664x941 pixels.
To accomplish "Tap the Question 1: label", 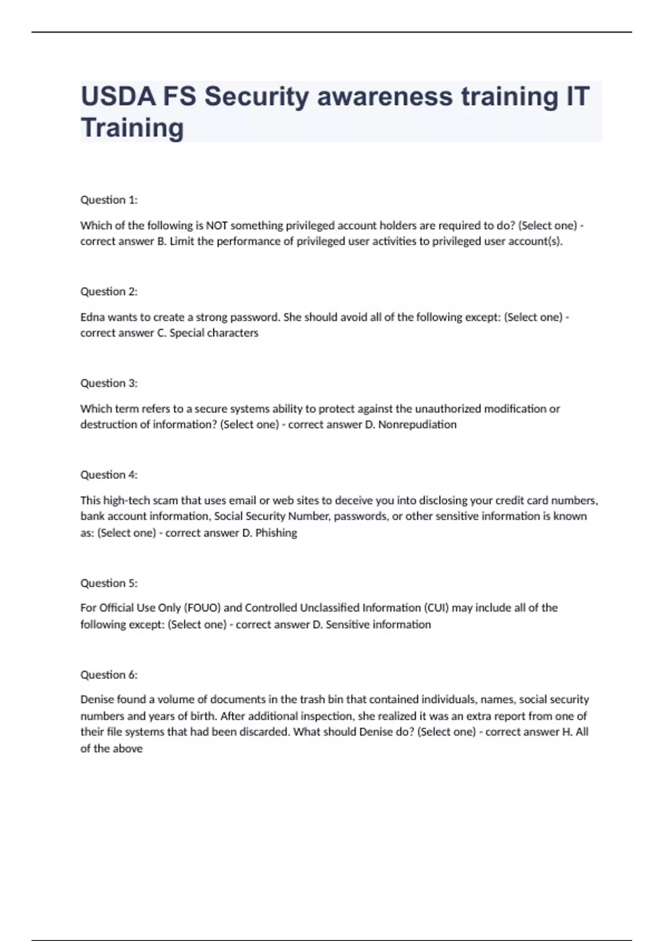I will coord(109,200).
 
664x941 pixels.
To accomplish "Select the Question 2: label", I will coord(109,292).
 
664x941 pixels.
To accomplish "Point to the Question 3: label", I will coord(109,383).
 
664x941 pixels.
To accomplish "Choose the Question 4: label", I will coord(109,475).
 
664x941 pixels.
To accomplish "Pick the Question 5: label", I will coord(109,583).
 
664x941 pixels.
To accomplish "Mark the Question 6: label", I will coord(109,675).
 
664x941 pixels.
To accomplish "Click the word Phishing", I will coord(276,533).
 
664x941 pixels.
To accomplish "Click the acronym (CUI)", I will coord(437,608).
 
